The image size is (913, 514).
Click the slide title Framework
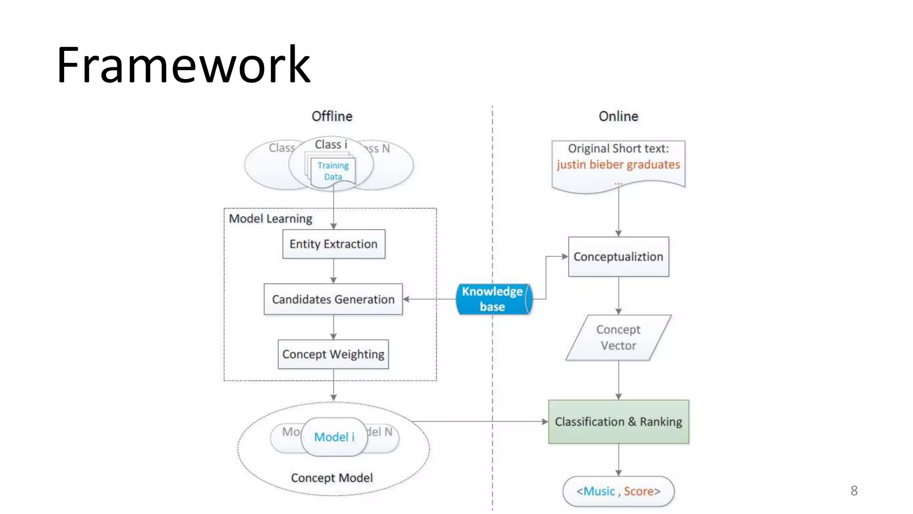click(183, 65)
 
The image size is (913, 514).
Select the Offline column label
click(332, 116)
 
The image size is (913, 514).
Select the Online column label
click(618, 116)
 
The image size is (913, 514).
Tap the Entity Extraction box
click(333, 244)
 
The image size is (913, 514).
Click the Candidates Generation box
click(333, 299)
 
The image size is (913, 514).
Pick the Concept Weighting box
click(333, 354)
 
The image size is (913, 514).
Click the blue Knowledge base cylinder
click(492, 299)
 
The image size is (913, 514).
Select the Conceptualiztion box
click(618, 257)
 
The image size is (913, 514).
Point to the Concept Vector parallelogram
click(618, 338)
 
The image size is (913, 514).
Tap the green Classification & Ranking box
click(618, 422)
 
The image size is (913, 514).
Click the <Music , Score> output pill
click(618, 491)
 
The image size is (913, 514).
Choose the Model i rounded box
click(334, 437)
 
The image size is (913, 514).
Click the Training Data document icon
click(333, 171)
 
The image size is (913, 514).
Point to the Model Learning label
click(270, 219)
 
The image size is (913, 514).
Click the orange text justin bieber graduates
click(618, 165)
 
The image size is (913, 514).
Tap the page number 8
click(854, 491)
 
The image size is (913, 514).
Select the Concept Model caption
click(332, 478)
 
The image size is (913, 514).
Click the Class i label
click(330, 145)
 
